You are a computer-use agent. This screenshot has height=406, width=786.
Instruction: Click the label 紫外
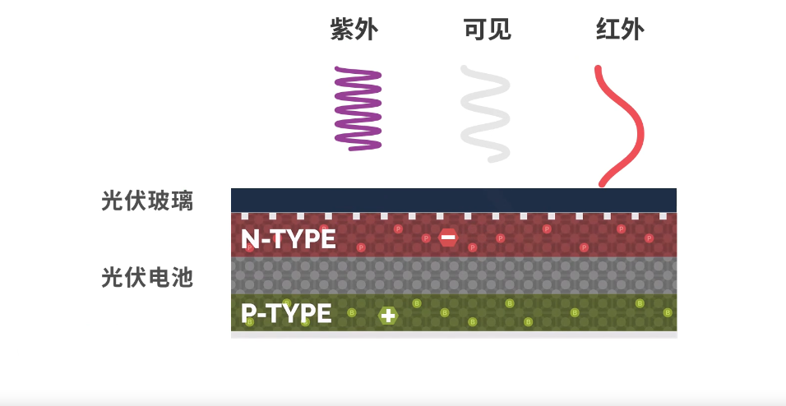click(x=354, y=30)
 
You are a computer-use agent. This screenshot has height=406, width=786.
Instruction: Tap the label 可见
click(x=487, y=30)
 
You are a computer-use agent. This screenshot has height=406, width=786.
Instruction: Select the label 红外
click(x=620, y=30)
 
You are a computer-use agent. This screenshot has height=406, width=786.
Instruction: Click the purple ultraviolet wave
click(x=358, y=109)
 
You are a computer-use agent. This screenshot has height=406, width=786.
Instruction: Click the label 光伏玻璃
click(x=147, y=201)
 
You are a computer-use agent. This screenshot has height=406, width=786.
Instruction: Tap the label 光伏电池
click(x=147, y=277)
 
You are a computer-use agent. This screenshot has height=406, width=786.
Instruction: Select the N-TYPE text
click(x=288, y=239)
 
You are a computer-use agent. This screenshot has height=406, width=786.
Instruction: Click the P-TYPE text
click(x=286, y=313)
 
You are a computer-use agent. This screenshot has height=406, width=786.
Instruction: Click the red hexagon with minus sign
click(x=448, y=238)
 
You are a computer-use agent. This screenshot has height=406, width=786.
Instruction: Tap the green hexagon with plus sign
click(x=388, y=315)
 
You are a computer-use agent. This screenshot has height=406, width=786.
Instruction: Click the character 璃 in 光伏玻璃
click(x=183, y=201)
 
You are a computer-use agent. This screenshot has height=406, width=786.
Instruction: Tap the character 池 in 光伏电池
click(x=183, y=277)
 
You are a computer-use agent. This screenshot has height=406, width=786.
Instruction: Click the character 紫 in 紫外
click(x=342, y=30)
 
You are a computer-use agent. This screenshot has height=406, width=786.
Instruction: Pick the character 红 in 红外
click(x=608, y=30)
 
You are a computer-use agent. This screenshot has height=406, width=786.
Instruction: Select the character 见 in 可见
click(x=499, y=30)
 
